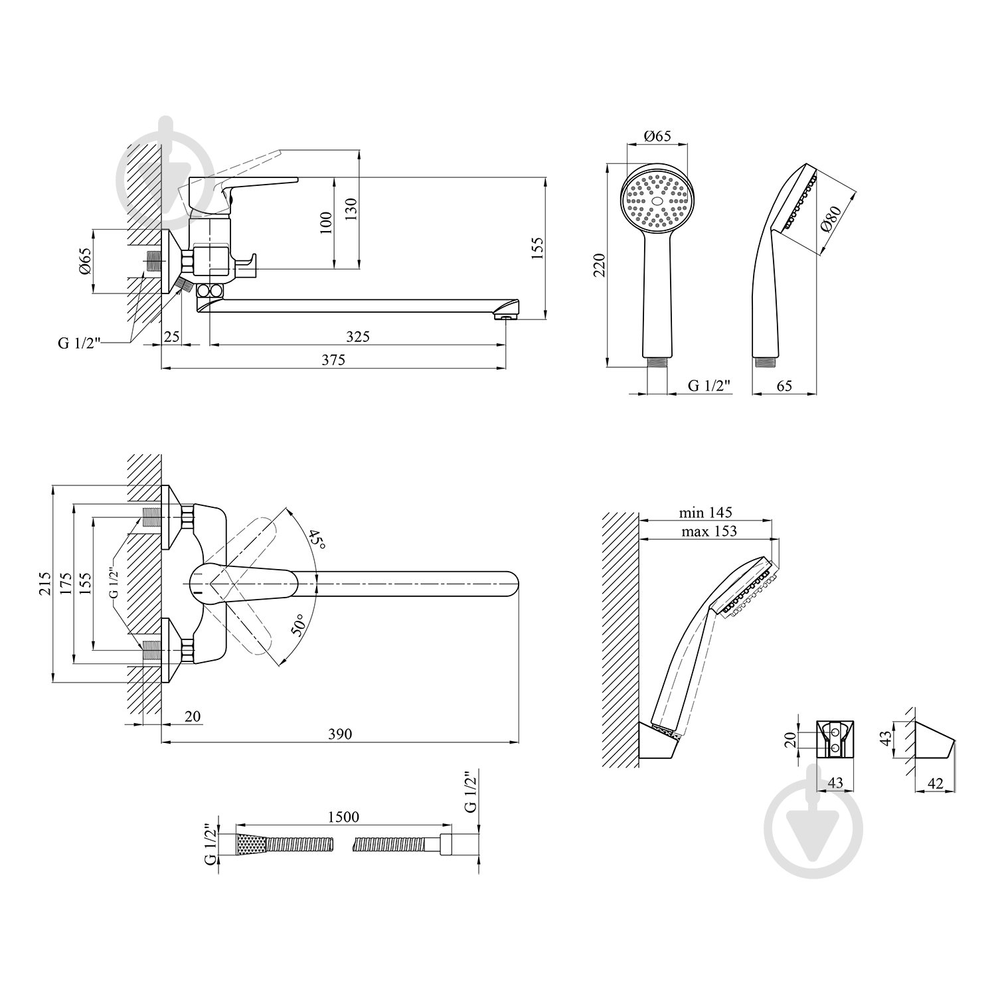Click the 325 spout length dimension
coord(357,337)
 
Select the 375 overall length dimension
coord(334,360)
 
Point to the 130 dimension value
coord(352,210)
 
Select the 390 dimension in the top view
coord(340,734)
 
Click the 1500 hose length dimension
coord(343,817)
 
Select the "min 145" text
coord(705,513)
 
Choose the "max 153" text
coord(708,531)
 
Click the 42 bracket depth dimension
coord(935,784)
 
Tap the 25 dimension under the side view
coord(172,337)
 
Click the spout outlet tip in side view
coord(507,317)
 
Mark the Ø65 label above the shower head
coord(658,137)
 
